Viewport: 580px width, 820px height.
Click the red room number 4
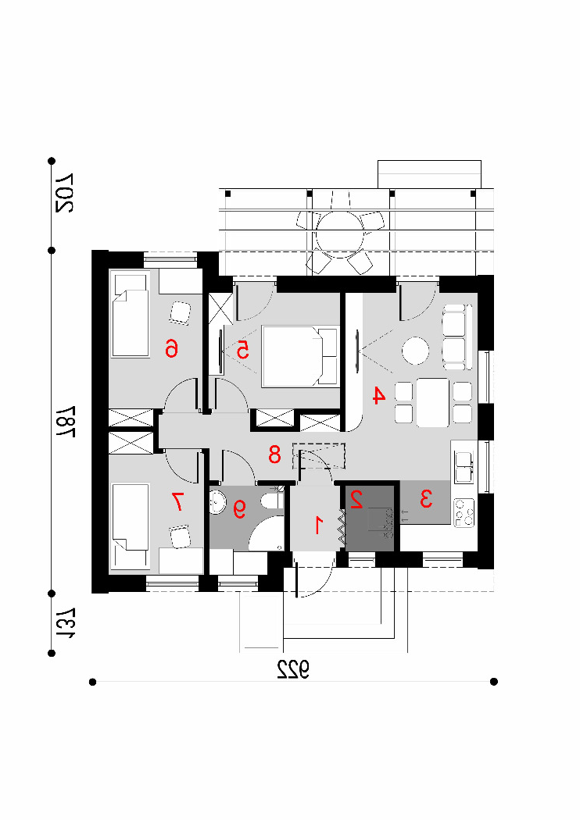[379, 395]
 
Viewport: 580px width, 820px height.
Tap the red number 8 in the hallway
[275, 455]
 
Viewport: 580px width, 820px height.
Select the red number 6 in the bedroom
[171, 348]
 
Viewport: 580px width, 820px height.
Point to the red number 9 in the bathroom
[239, 508]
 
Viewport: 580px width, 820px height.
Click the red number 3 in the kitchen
[426, 498]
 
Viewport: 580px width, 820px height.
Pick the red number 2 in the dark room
[356, 500]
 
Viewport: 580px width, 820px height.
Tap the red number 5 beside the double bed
[242, 350]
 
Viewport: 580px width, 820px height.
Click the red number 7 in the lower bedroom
[177, 502]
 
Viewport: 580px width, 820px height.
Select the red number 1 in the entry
[318, 525]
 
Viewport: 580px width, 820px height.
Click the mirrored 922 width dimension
[292, 668]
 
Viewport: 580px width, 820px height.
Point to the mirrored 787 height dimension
[66, 420]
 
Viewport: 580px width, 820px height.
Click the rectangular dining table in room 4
[433, 402]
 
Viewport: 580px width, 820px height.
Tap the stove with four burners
[464, 512]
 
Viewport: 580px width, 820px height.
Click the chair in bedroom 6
[180, 312]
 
